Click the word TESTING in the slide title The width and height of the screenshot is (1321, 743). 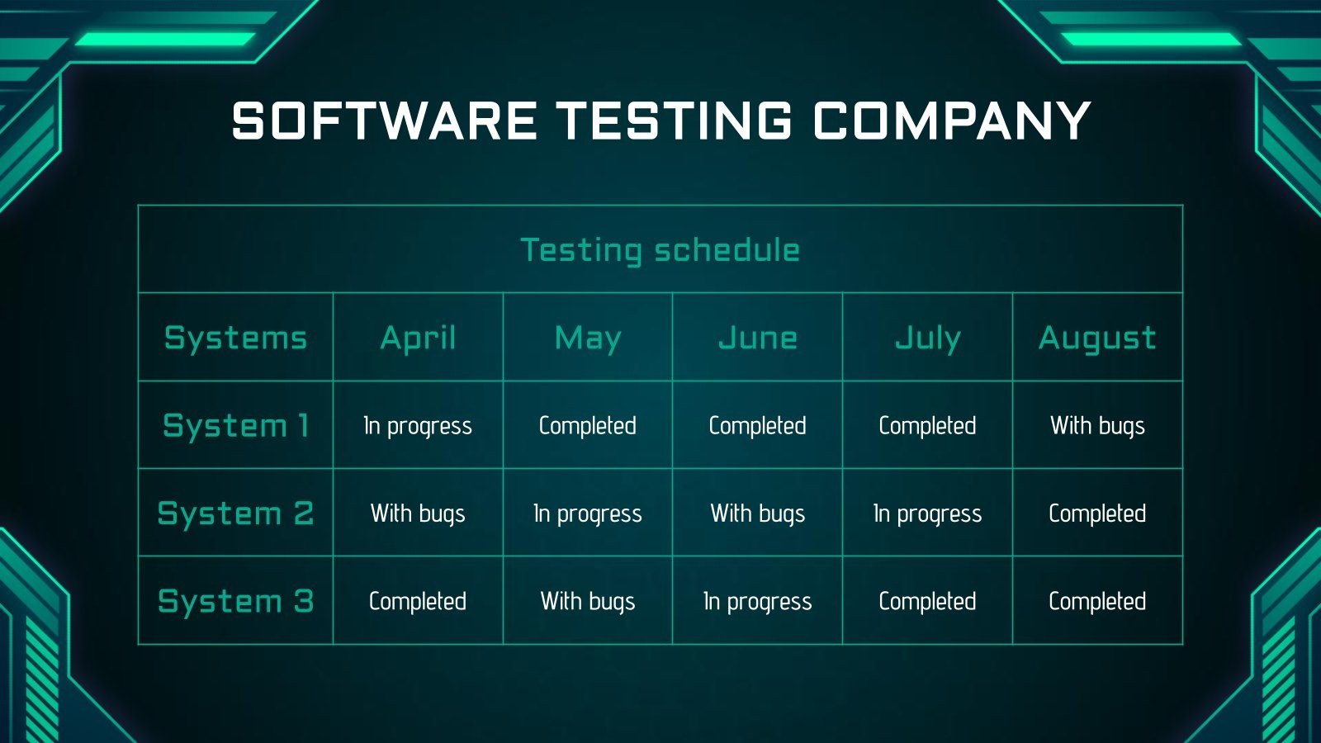675,121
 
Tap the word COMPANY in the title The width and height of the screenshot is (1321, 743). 952,121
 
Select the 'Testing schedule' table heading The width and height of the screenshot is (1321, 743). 660,250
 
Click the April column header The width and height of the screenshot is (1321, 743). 418,338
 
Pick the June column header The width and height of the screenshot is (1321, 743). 757,338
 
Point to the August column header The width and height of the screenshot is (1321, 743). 1097,338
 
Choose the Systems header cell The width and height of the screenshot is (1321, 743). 235,338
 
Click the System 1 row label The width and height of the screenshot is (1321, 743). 235,425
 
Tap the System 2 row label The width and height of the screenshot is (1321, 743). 235,513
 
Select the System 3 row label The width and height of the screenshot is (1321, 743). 235,601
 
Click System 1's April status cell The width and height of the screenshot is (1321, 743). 418,426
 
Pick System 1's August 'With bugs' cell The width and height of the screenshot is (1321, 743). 1097,426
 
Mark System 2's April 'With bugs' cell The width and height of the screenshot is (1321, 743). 418,513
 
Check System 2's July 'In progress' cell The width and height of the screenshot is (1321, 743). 927,513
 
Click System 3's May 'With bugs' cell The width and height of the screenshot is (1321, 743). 588,601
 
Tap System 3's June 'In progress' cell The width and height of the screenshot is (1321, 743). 757,601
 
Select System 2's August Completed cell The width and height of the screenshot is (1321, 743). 1097,513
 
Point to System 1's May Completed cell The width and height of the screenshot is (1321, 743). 588,426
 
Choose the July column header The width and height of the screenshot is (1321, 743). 927,338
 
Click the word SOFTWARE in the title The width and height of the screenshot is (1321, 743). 385,121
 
